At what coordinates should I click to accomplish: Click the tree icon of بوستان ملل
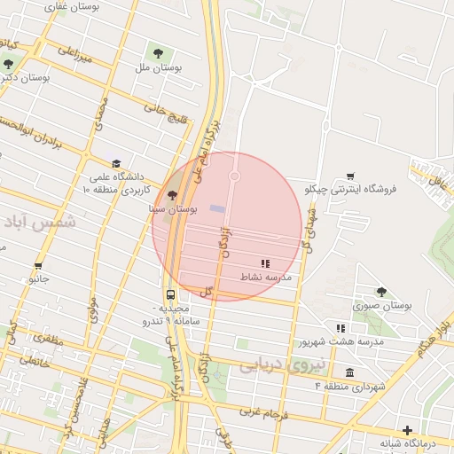pos(160,54)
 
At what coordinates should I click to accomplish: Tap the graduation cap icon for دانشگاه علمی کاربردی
pos(115,163)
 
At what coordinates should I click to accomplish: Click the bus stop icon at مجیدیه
pos(169,295)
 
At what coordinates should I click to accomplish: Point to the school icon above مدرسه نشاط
pos(264,263)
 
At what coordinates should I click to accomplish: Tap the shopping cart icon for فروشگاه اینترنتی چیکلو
pos(352,176)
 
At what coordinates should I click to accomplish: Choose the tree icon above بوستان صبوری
pos(381,292)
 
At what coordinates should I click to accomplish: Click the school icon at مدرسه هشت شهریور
pos(340,328)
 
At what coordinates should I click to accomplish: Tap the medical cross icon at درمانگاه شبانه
pos(407,430)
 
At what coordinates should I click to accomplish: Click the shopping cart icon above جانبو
pos(38,265)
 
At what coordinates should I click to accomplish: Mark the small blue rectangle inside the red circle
pos(217,208)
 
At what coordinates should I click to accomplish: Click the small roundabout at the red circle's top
pos(235,176)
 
